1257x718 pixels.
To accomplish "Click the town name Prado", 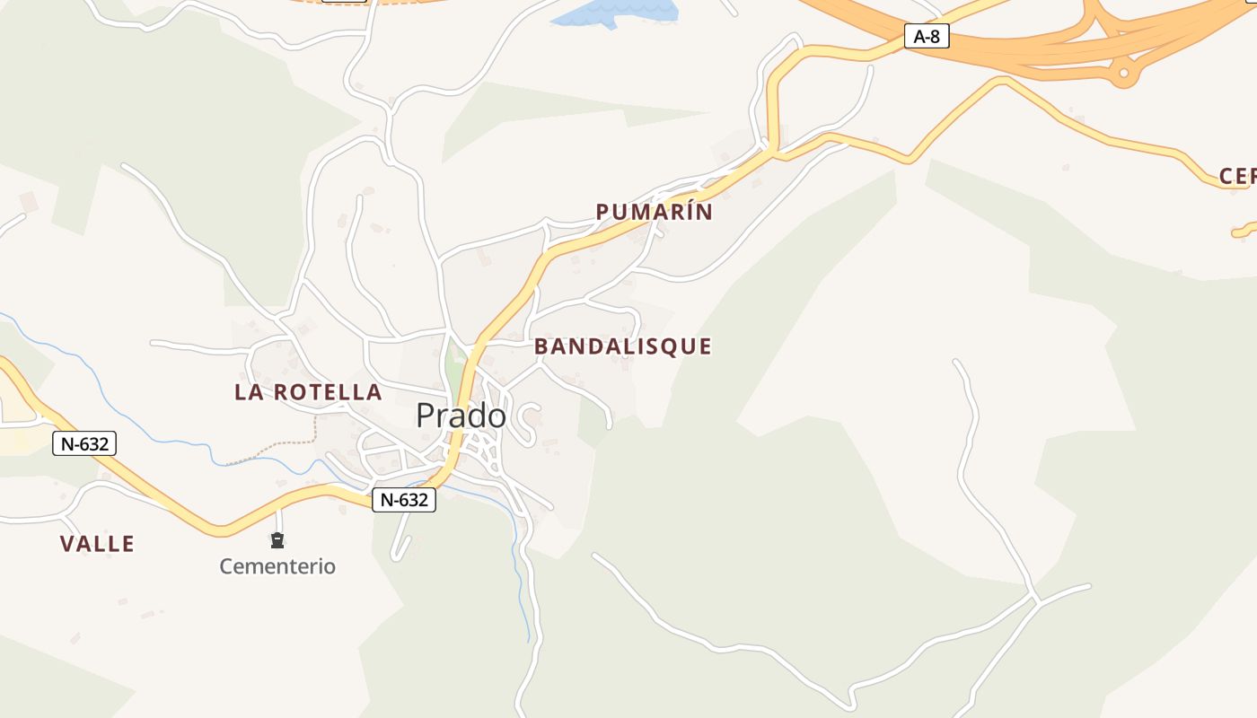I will [461, 416].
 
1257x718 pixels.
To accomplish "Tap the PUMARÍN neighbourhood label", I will [654, 213].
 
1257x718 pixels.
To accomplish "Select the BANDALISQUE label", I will [622, 346].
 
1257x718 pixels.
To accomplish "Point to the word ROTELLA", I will [328, 392].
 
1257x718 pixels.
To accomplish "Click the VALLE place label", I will [97, 544].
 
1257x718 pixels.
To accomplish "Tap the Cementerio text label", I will [277, 566].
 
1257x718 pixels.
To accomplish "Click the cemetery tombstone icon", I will [277, 540].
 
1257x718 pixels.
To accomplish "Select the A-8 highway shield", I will [926, 37].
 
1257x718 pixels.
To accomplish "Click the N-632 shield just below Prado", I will [404, 500].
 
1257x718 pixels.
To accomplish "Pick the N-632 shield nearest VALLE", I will [84, 442].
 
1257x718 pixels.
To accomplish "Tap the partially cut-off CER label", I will [1237, 177].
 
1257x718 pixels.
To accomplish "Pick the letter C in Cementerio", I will [226, 566].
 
